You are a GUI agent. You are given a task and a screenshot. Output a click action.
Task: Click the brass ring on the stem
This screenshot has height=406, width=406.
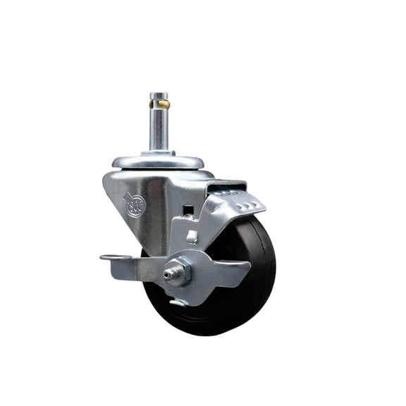159,104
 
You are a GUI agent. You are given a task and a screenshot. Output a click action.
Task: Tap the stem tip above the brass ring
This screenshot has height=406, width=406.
159,96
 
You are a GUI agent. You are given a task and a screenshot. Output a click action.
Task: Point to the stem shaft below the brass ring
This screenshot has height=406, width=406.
159,127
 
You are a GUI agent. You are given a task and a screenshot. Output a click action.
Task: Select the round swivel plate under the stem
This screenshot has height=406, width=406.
159,161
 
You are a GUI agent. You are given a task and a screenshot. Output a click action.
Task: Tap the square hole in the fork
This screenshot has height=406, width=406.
187,209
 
